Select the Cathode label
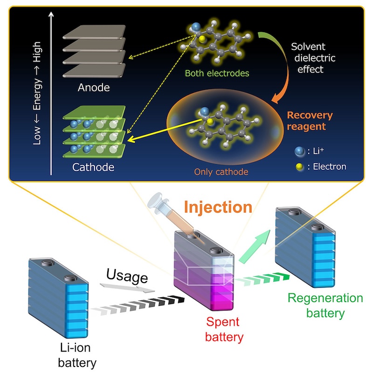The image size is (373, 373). click(x=93, y=166)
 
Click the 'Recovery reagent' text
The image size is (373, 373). click(x=310, y=121)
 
